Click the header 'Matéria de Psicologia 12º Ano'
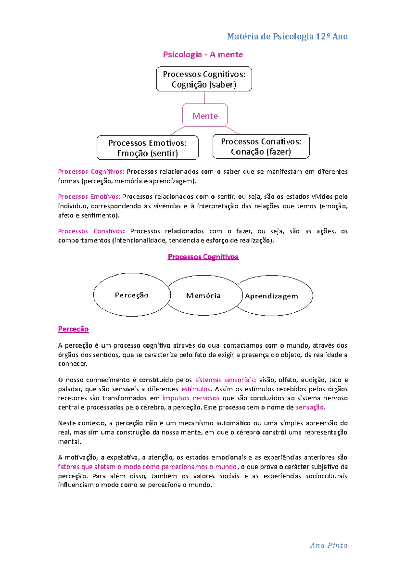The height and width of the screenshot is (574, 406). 287,37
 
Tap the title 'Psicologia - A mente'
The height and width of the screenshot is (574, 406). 203,55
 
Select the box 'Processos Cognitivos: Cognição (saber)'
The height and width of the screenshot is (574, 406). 204,79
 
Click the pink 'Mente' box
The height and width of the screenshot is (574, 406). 205,116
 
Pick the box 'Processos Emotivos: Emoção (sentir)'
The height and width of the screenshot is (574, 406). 148,148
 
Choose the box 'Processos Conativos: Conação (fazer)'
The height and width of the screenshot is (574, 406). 261,146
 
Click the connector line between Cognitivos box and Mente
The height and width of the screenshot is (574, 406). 204,97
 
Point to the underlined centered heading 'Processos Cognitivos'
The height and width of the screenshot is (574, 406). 203,257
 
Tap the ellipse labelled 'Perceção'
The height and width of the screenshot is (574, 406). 132,295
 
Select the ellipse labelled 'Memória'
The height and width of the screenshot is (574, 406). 203,296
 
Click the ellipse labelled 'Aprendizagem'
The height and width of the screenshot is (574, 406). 272,296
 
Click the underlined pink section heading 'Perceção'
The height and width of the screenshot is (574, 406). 73,329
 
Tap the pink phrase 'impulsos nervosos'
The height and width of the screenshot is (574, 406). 191,398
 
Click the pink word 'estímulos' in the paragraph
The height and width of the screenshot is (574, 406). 196,389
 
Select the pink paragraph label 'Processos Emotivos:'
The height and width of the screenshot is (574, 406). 89,197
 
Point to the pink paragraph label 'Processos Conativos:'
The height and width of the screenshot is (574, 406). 91,231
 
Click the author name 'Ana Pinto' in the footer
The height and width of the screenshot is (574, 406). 329,545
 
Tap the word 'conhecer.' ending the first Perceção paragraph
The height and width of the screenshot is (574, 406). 73,364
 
